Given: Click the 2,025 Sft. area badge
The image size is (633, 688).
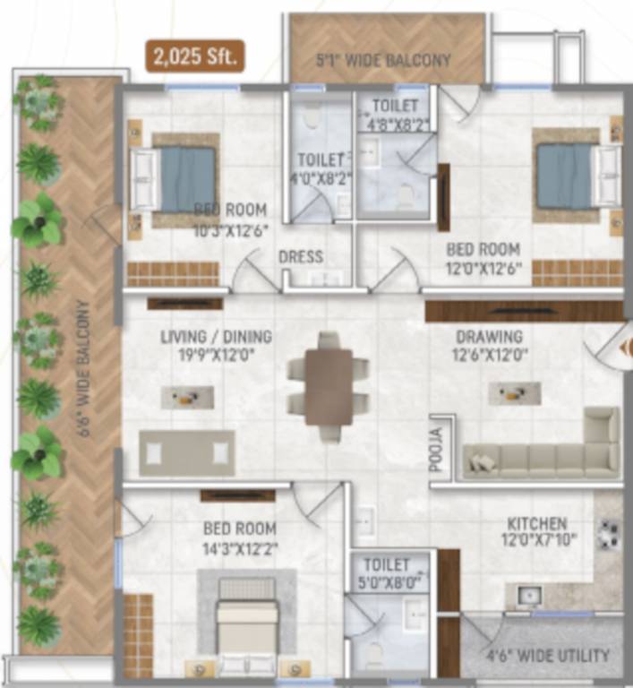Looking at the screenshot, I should pyautogui.click(x=194, y=59).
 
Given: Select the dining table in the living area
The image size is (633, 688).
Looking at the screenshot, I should pyautogui.click(x=329, y=385).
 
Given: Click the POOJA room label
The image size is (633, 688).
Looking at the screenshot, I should pyautogui.click(x=435, y=451).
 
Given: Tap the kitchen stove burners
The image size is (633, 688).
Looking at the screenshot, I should pyautogui.click(x=610, y=535).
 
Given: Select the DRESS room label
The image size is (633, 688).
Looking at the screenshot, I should pyautogui.click(x=301, y=257).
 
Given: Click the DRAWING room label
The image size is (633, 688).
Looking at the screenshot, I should pyautogui.click(x=489, y=337).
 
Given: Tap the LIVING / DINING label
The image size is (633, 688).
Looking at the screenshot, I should pyautogui.click(x=216, y=338).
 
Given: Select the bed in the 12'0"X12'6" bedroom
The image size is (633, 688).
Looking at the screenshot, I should pyautogui.click(x=574, y=176).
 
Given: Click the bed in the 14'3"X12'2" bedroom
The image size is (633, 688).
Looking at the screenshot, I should pyautogui.click(x=247, y=623).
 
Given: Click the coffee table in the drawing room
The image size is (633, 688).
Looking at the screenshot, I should pyautogui.click(x=514, y=392).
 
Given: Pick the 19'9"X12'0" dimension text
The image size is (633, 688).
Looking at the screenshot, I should pyautogui.click(x=216, y=354).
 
